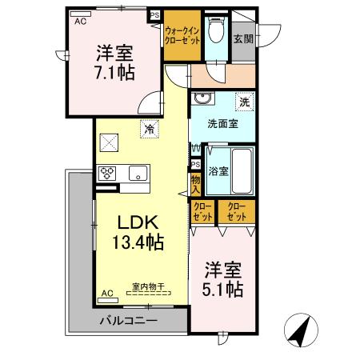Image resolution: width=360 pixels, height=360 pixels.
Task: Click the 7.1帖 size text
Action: coord(115,73)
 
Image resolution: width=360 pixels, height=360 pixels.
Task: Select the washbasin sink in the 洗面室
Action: coord(202,101)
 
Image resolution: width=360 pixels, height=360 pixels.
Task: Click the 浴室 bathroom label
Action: coord(219,170)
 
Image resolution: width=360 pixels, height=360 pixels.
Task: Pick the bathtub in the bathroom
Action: coord(241,170)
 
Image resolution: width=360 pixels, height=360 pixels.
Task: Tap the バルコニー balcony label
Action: coord(128,321)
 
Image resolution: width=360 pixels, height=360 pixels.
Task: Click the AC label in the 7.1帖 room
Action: coord(80,22)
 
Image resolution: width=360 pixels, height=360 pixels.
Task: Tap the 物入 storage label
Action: coord(195,186)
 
